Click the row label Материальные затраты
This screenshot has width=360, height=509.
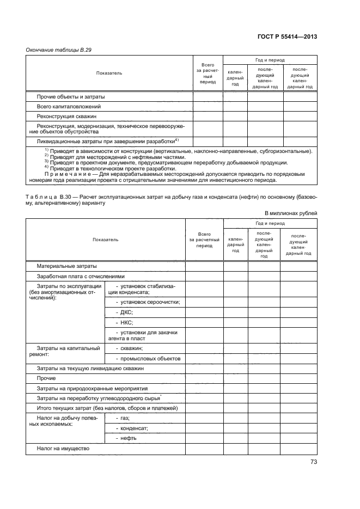click(x=66, y=266)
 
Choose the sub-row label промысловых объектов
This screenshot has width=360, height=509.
click(x=148, y=358)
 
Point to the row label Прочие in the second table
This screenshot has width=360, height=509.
click(x=47, y=378)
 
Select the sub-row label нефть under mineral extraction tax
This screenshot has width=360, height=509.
click(x=126, y=438)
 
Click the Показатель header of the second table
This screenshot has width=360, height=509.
click(x=105, y=240)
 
